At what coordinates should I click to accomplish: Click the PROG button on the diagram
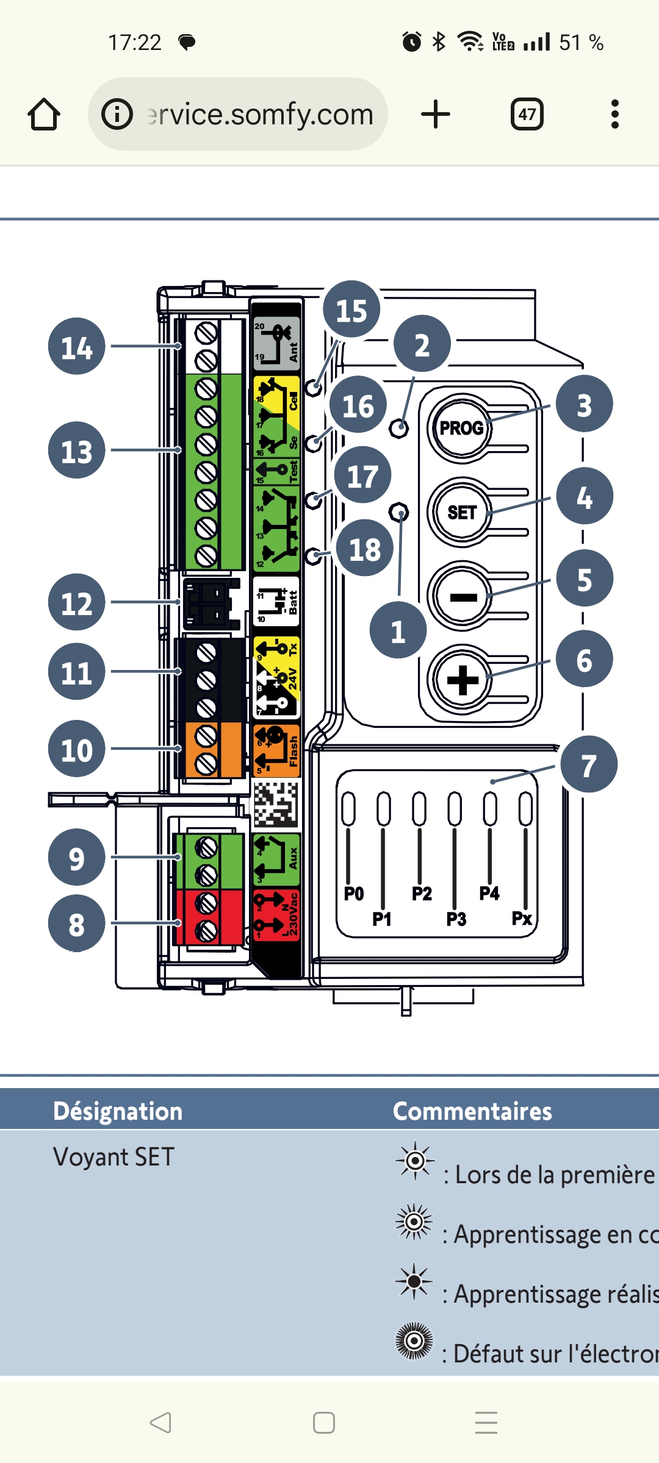(x=461, y=427)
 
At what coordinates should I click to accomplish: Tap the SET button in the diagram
(x=461, y=512)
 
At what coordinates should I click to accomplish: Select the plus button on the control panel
(x=462, y=680)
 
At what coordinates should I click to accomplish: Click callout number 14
(x=77, y=346)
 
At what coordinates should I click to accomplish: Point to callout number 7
(x=588, y=764)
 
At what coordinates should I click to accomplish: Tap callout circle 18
(x=364, y=548)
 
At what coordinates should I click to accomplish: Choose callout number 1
(x=398, y=630)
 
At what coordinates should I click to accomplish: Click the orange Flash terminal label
(x=276, y=750)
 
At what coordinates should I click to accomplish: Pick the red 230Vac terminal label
(x=276, y=915)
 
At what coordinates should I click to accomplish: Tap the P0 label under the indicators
(x=354, y=894)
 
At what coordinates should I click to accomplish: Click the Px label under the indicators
(x=522, y=918)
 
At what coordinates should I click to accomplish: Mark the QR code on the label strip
(x=276, y=805)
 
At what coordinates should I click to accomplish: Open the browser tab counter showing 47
(x=527, y=114)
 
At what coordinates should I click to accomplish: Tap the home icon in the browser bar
(x=44, y=114)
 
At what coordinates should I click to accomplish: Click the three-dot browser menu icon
(x=614, y=114)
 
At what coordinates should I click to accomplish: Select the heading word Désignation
(x=118, y=1111)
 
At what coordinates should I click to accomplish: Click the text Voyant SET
(x=114, y=1157)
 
